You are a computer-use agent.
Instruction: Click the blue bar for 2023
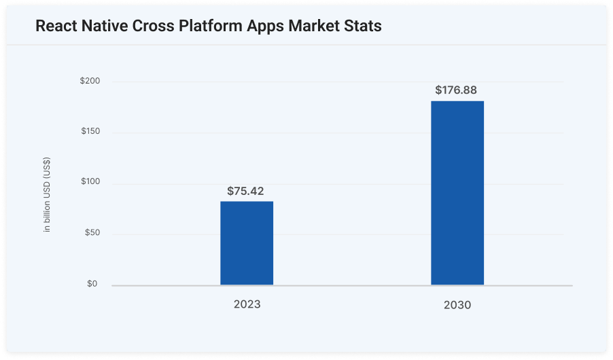point(247,242)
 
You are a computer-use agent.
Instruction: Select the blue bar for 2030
point(457,193)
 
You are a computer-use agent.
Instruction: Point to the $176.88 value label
point(457,90)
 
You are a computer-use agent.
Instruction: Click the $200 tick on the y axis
point(90,82)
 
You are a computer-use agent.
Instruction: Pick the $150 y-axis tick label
point(90,131)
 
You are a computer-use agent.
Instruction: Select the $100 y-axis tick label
point(90,182)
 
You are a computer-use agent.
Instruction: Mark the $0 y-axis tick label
point(92,284)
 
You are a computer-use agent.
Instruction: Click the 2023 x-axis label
point(247,304)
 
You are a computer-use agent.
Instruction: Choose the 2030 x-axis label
point(457,306)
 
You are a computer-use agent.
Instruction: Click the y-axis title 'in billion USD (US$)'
point(47,195)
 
